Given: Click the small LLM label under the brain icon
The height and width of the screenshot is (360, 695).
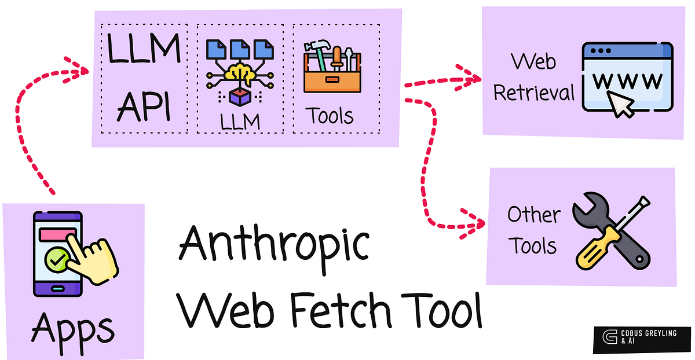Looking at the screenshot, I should click(x=240, y=122).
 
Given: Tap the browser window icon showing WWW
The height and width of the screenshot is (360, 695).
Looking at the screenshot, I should click(x=627, y=78).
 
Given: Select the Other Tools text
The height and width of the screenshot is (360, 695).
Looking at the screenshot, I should click(x=533, y=230).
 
